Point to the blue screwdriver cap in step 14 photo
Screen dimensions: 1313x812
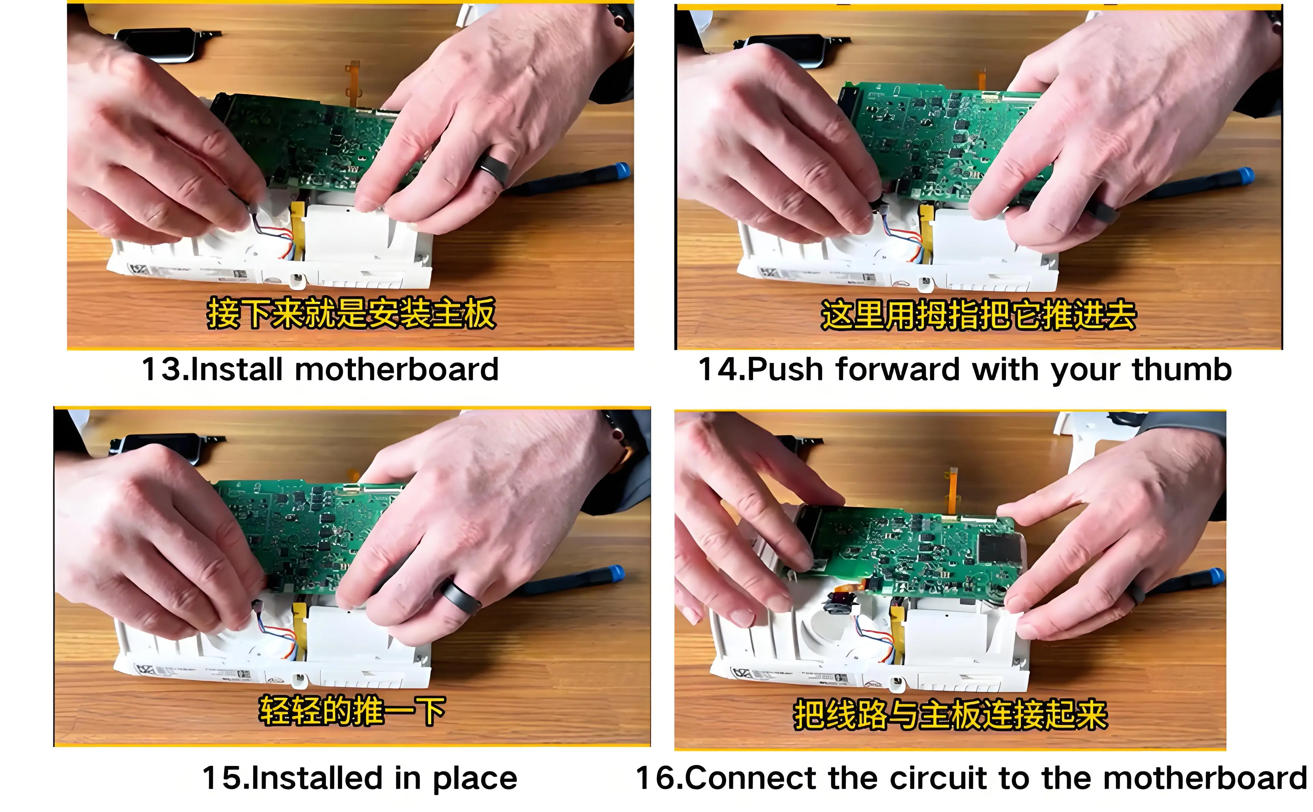(1245, 176)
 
